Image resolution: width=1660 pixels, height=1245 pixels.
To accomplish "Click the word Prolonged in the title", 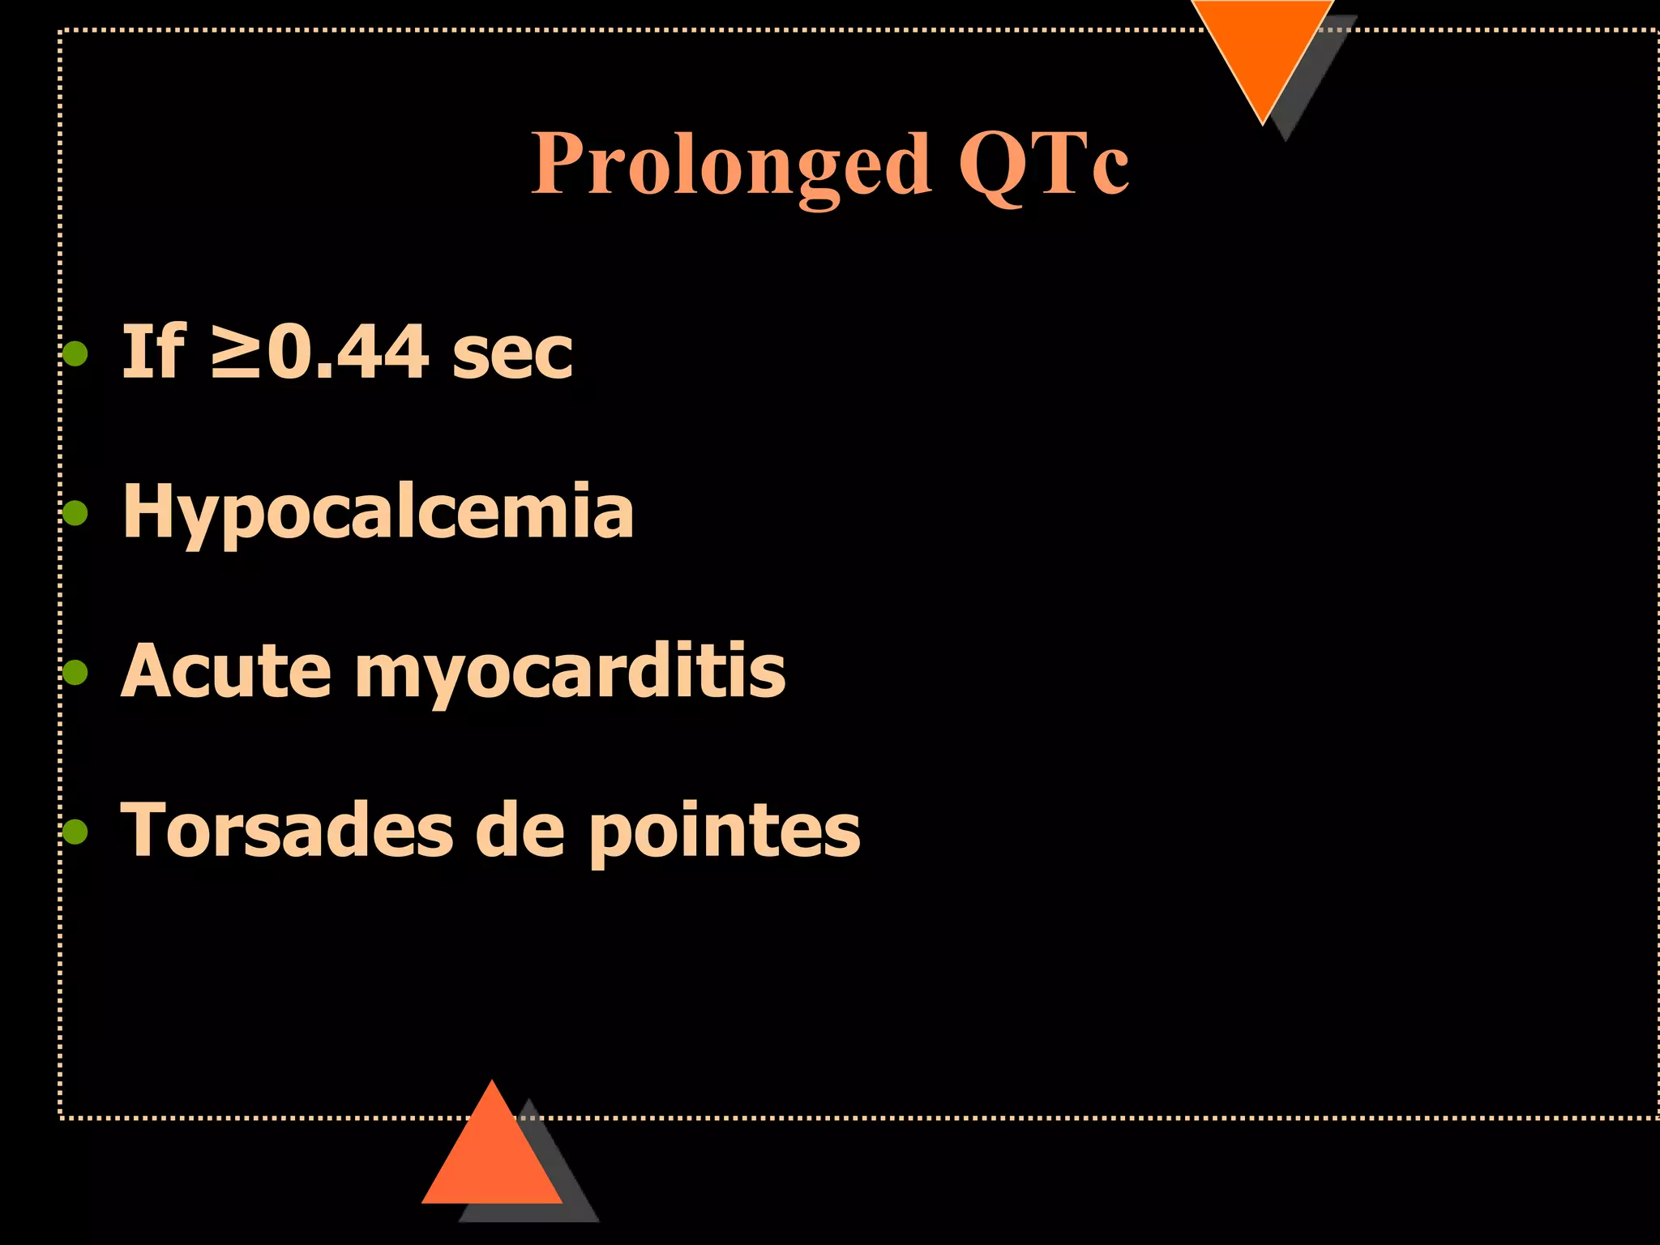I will (x=729, y=165).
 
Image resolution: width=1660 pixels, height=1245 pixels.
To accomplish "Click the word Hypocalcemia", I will (x=378, y=512).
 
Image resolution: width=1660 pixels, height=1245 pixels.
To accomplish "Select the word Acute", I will (x=226, y=671).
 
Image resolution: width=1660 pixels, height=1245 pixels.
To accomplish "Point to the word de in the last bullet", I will (x=520, y=830).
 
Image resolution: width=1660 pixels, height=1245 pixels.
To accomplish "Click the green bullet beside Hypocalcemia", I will (x=75, y=513).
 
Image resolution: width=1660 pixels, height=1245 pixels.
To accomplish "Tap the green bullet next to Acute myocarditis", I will (x=75, y=672).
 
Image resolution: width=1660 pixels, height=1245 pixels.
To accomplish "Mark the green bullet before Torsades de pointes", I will (x=75, y=831).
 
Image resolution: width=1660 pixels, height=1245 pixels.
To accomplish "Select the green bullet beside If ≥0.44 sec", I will (x=75, y=354).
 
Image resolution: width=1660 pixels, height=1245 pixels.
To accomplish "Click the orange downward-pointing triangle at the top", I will (x=1262, y=49).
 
